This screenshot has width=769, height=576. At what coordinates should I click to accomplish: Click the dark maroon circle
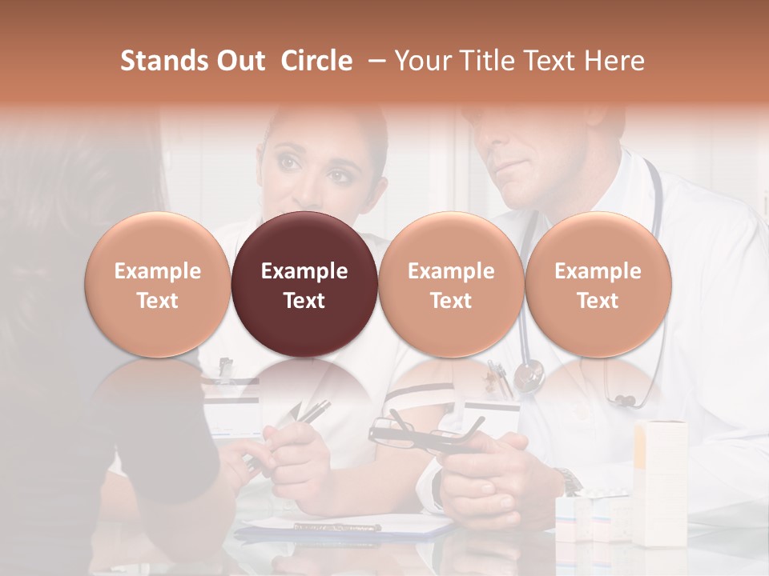pos(304,285)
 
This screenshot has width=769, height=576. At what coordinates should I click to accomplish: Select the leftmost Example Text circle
pos(157,285)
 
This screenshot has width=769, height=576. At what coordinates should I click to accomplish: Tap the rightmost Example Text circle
pos(598,285)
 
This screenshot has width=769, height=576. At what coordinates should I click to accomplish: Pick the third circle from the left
pos(451,285)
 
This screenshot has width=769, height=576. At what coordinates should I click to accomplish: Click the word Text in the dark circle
pos(304,301)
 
